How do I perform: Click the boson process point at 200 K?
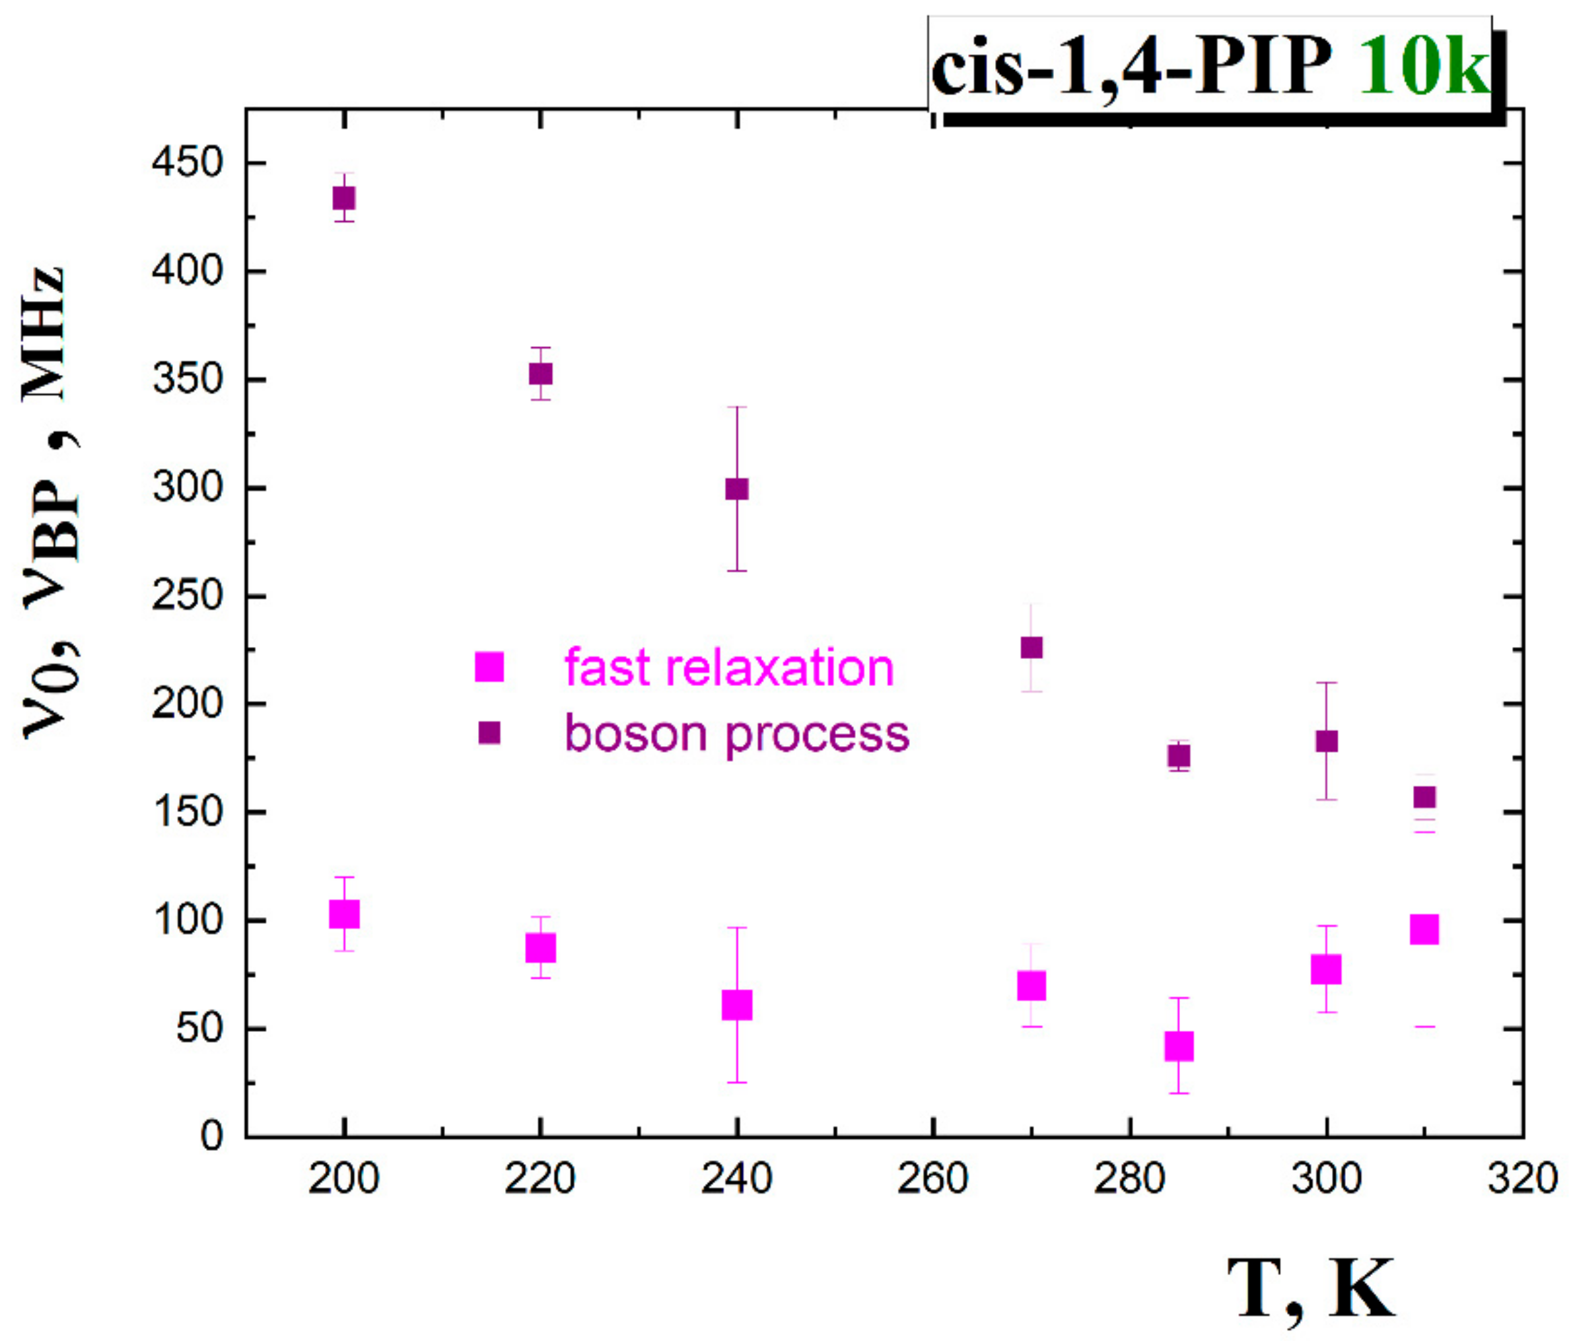tap(344, 198)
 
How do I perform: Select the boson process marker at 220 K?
tap(540, 374)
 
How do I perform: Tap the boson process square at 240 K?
tap(737, 489)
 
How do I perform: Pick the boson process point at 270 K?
tap(1031, 648)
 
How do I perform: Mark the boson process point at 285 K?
tap(1179, 756)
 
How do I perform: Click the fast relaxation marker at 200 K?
tap(344, 914)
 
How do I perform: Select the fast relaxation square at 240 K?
tap(737, 1005)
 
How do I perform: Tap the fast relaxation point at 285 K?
tap(1179, 1046)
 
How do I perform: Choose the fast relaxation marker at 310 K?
tap(1424, 929)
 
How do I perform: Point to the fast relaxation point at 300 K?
tap(1326, 969)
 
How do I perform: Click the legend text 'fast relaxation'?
tap(729, 668)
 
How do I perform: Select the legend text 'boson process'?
tap(737, 734)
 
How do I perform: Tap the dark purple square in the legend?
tap(490, 733)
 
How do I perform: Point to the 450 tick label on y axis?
tap(187, 163)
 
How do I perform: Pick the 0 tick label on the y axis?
tap(211, 1136)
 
